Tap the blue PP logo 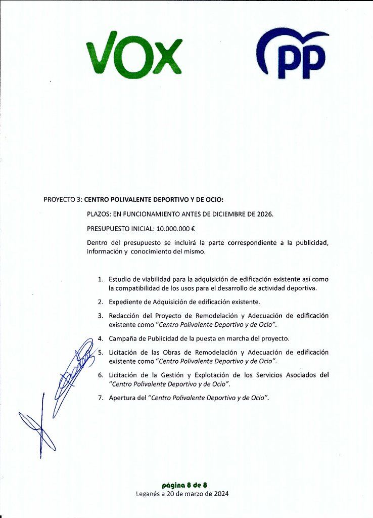point(293,54)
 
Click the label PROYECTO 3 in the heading point(63,199)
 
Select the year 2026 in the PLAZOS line point(264,214)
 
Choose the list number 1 point(100,279)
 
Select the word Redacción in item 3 point(126,316)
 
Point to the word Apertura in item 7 point(123,398)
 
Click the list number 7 point(100,398)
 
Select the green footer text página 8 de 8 point(184,485)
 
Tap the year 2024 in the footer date point(220,494)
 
